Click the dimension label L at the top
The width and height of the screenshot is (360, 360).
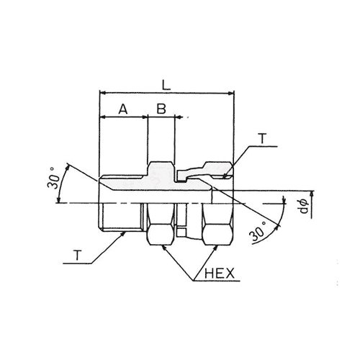point(166,85)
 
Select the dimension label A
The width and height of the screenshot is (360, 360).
point(123,109)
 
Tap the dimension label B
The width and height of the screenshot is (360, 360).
point(161,109)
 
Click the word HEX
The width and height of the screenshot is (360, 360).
point(220,274)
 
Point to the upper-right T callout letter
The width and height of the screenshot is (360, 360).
point(263,138)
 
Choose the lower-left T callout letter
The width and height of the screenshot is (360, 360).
point(77,255)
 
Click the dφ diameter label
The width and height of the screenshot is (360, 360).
point(305,206)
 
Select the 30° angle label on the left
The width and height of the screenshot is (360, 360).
point(54,178)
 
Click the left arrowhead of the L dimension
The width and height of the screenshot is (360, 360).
point(102,93)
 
